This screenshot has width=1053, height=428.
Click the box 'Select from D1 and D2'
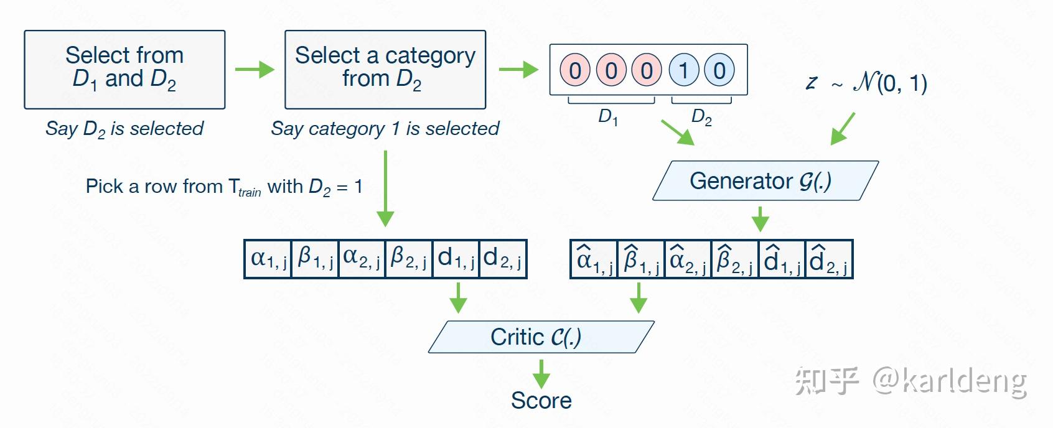coord(124,69)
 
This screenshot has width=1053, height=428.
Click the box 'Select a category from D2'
coord(385,69)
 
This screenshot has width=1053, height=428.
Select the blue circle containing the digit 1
coord(684,70)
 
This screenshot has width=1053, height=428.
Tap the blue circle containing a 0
coord(719,70)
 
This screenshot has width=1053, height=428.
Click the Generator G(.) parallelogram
coord(765,181)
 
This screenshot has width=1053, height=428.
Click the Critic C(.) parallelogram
coord(541,337)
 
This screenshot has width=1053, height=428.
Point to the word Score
coord(541,401)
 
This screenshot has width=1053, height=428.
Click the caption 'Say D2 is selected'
coord(124,129)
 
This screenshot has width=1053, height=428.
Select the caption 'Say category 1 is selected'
coord(385,129)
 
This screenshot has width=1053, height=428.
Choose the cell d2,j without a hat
coord(503,259)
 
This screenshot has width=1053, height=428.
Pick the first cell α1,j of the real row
coord(268,259)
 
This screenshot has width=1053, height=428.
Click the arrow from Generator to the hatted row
coord(760,219)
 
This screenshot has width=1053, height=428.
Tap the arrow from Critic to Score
coord(541,373)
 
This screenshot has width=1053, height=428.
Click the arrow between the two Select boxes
coord(255,69)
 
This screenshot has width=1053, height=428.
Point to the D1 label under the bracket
coord(608,116)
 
